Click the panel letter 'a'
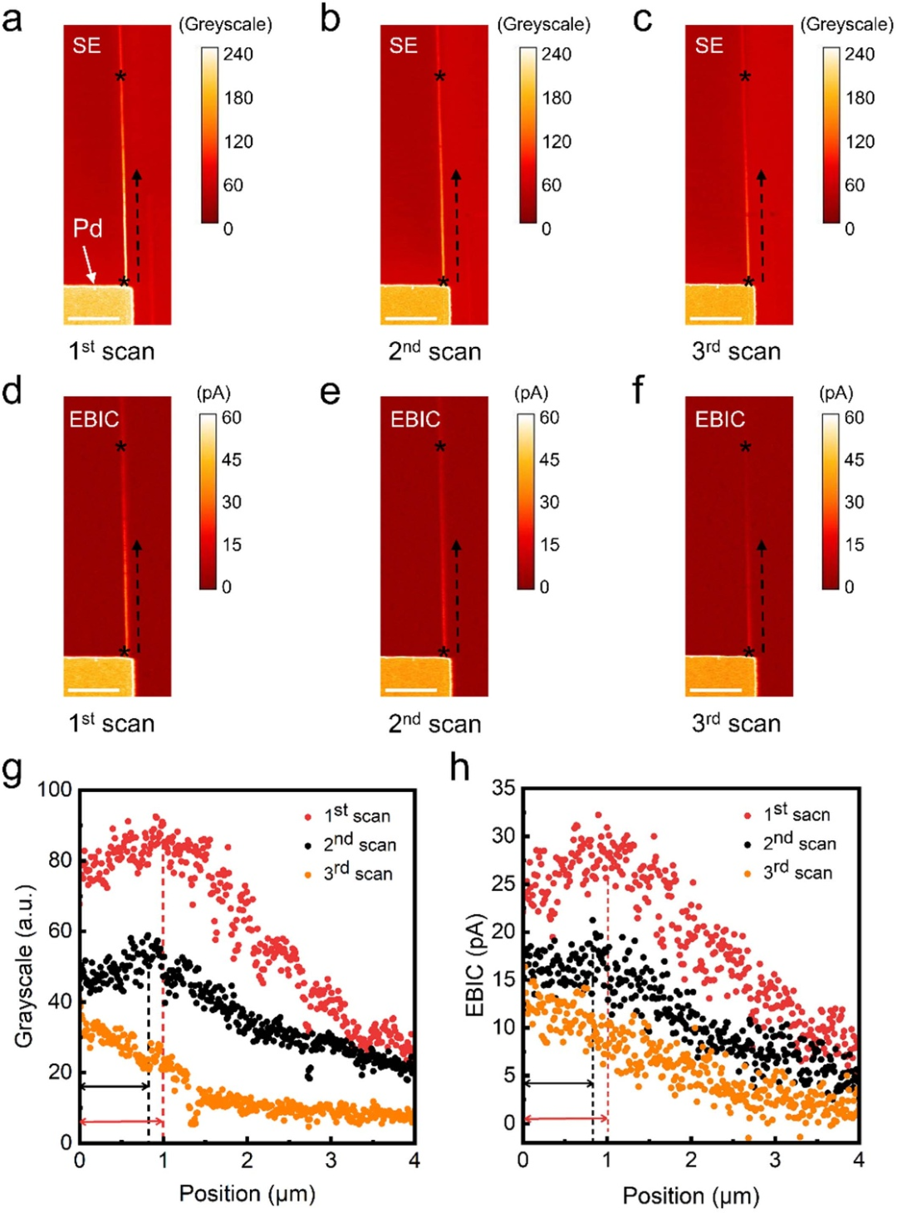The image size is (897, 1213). [x=12, y=19]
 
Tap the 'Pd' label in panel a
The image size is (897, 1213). [x=87, y=228]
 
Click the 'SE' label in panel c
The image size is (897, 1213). [x=708, y=46]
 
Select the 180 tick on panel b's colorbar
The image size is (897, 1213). [x=556, y=98]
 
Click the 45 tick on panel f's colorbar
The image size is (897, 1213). [x=854, y=460]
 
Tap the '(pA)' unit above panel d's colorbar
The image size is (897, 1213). [x=213, y=393]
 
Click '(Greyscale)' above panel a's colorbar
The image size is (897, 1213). [x=225, y=25]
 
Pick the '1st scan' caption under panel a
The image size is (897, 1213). [x=111, y=351]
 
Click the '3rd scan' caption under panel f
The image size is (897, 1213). [x=736, y=723]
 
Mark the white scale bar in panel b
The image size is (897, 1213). [x=411, y=318]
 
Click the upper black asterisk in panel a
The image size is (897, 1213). [x=120, y=77]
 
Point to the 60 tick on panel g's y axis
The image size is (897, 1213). [x=60, y=931]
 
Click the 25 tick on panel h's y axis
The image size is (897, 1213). [x=504, y=883]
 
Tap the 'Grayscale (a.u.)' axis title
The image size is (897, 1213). [x=23, y=966]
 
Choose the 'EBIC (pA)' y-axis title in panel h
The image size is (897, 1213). [x=474, y=965]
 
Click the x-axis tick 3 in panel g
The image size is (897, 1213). [x=331, y=1160]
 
